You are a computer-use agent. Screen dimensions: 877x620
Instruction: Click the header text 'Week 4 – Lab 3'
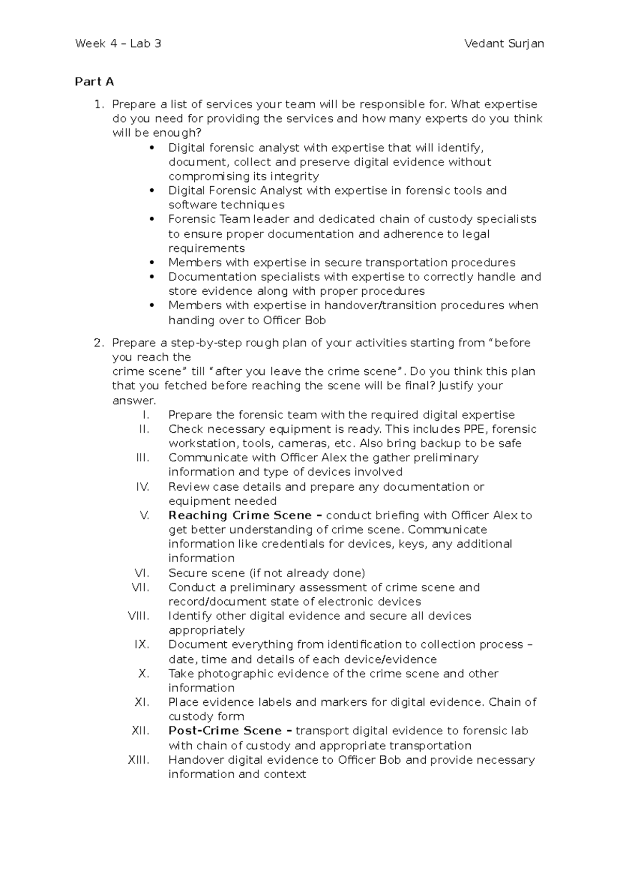118,43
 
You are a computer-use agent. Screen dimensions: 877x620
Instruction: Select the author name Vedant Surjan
504,43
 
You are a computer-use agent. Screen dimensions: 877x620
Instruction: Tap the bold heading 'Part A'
94,82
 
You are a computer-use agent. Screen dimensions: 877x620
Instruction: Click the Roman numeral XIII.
138,760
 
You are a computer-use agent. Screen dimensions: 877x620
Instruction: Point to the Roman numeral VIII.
138,616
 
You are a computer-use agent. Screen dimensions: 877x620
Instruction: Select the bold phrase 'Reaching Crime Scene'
240,516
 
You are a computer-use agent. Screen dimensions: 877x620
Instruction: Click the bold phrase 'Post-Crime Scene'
225,731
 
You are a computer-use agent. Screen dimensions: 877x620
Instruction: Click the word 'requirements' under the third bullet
207,248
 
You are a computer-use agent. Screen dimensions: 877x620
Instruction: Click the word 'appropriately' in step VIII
207,630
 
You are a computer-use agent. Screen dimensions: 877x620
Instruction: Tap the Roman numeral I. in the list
145,415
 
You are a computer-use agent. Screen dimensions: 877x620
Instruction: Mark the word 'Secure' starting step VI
185,573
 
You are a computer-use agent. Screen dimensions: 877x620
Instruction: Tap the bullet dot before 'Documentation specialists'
151,277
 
